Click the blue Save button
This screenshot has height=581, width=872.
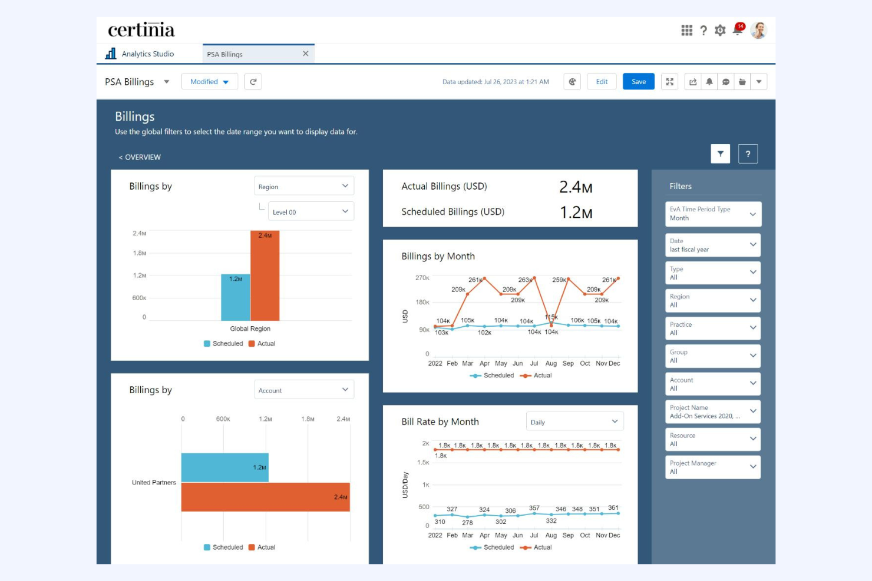pos(639,82)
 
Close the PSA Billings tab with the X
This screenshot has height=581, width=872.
pos(305,54)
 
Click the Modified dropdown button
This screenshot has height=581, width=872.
pos(209,82)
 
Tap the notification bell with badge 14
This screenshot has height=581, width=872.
pos(737,30)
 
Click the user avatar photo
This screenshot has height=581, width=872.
pos(758,30)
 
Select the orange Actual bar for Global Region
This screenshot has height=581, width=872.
pos(265,275)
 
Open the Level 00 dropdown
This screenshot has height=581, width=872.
pos(311,212)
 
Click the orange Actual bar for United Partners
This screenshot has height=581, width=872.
pos(265,497)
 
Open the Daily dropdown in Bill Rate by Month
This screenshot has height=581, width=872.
pos(574,421)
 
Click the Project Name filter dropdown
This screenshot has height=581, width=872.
pos(713,411)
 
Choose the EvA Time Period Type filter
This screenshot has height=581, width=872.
pos(713,214)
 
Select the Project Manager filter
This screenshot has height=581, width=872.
pos(713,467)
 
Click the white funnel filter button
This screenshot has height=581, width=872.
pos(720,154)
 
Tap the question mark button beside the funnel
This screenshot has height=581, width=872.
pos(748,154)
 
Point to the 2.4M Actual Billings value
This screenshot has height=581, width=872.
pos(576,187)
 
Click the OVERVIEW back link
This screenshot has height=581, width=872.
pos(140,157)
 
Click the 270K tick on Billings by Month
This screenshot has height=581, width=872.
pos(422,278)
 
